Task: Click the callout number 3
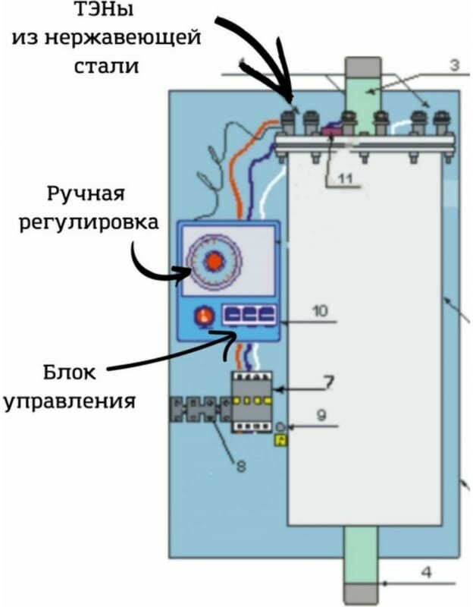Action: click(x=454, y=66)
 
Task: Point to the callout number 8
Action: click(x=240, y=467)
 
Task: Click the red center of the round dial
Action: click(x=215, y=260)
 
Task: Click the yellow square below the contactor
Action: click(x=280, y=439)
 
